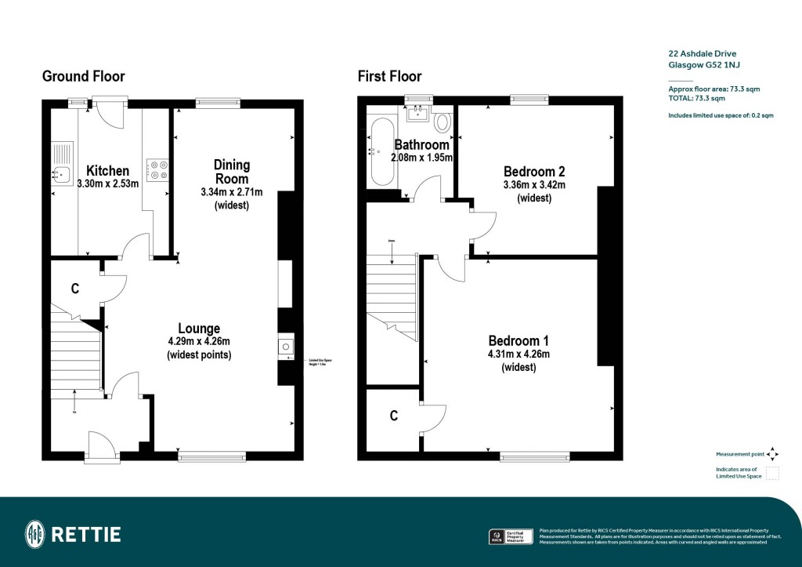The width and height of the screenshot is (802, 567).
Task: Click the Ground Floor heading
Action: point(83,76)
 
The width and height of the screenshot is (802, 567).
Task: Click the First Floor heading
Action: point(389,76)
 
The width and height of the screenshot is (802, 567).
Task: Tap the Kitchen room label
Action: point(107,171)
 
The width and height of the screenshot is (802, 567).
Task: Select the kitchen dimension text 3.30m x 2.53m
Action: point(107,184)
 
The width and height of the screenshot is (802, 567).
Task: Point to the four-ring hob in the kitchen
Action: point(157,170)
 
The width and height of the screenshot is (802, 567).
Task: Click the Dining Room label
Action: point(232,172)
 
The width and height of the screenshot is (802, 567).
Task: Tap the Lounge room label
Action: point(199,329)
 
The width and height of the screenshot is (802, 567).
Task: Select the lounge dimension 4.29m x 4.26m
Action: point(199,342)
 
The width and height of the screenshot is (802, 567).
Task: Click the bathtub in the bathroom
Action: point(382,152)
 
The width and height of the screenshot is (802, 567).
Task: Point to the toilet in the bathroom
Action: point(443,122)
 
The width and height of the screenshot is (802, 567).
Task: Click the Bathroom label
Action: point(421,145)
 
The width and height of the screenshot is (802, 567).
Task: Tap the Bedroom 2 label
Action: point(534,172)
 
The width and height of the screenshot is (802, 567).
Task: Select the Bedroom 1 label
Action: point(518,340)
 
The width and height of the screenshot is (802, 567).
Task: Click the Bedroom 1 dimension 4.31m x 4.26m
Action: point(518,354)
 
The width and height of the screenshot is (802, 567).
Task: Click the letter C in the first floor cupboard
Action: point(394,416)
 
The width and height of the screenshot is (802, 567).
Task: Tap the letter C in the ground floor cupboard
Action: point(75,289)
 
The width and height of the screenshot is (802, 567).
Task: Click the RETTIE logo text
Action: point(86,535)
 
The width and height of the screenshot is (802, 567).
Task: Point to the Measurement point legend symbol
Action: point(772,454)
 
